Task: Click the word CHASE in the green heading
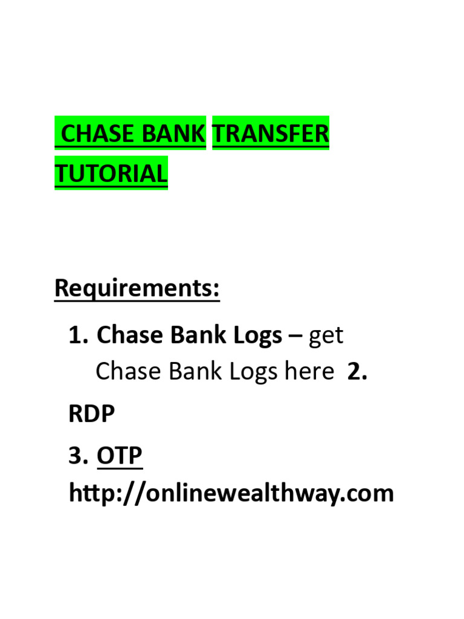(x=98, y=134)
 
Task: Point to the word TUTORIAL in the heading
(x=111, y=173)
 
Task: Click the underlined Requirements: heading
(x=137, y=288)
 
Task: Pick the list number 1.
(x=79, y=335)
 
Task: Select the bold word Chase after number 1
(x=128, y=335)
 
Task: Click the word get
(x=326, y=336)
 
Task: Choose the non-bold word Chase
(x=125, y=372)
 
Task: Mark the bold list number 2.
(x=357, y=372)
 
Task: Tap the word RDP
(x=92, y=414)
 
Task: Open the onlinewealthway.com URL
(x=231, y=494)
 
